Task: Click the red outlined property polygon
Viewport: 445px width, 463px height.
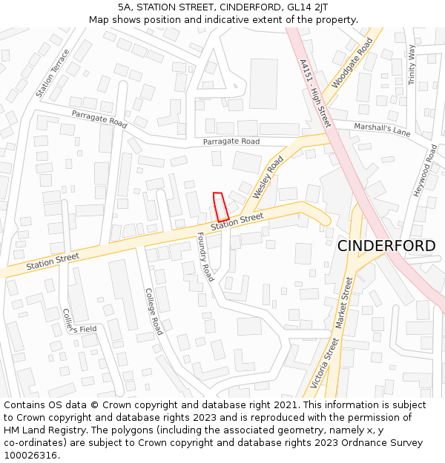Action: tap(220, 205)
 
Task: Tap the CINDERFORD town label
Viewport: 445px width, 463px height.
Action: tap(386, 246)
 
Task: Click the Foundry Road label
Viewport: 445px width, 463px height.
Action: tap(205, 256)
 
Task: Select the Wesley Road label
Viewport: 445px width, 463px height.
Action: tap(268, 177)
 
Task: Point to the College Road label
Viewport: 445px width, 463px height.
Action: tap(154, 311)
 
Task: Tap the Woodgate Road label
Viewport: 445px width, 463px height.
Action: tap(352, 63)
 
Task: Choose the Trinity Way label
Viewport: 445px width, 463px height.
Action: tap(412, 64)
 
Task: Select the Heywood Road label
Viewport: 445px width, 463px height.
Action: tap(426, 170)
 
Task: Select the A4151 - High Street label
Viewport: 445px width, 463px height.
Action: tap(315, 93)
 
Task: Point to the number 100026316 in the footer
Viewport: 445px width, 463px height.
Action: tap(32, 456)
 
